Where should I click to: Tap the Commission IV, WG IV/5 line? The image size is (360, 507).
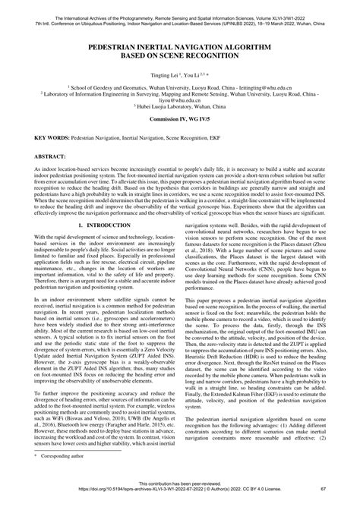point(180,121)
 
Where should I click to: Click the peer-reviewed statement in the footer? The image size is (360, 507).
point(180,493)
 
